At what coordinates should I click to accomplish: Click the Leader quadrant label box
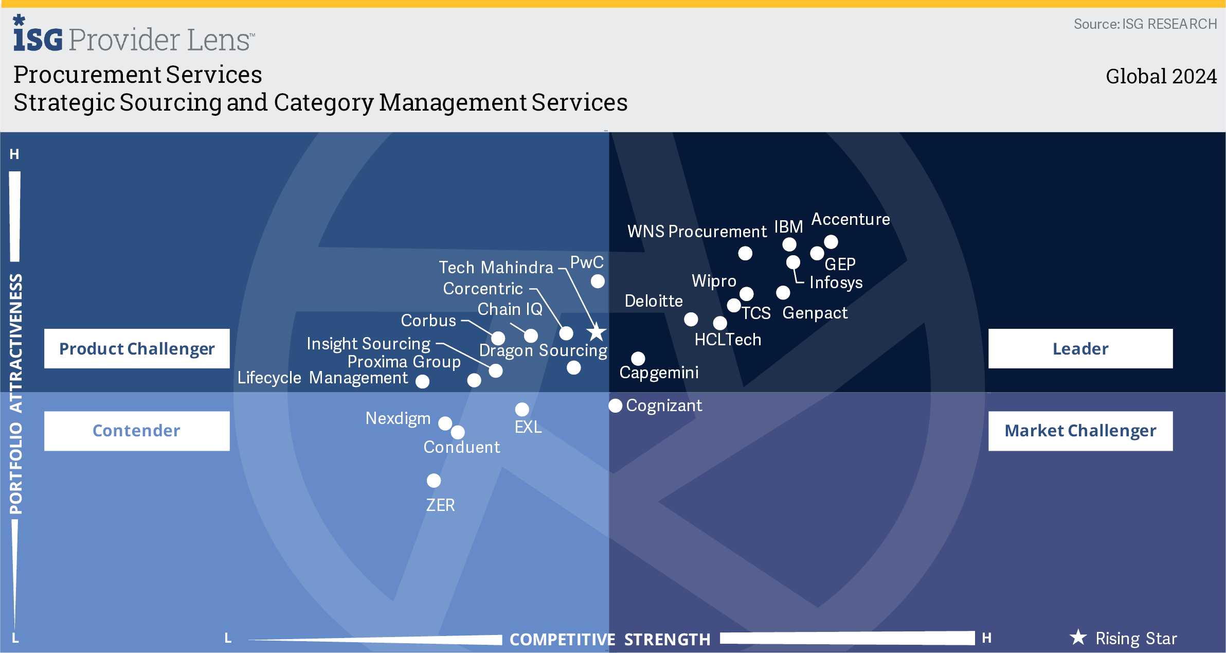click(x=1080, y=348)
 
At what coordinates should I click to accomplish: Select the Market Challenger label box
click(x=1080, y=431)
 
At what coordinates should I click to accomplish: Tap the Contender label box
click(x=136, y=431)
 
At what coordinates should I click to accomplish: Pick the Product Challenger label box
click(x=136, y=348)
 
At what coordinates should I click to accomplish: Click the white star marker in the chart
click(x=597, y=332)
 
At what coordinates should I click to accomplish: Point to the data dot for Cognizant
click(x=615, y=405)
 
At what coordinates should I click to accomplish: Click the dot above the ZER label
click(x=434, y=480)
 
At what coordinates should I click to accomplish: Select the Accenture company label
click(x=850, y=219)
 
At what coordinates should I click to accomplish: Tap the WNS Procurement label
click(x=697, y=232)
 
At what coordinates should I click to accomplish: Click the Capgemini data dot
click(x=638, y=358)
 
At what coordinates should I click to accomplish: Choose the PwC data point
click(x=598, y=281)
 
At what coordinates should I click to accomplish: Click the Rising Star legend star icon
click(x=1078, y=638)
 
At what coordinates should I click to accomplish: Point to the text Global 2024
click(x=1161, y=76)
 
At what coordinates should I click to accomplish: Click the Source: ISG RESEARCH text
click(x=1145, y=24)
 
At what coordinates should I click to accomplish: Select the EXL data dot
click(x=522, y=409)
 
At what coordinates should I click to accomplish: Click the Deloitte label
click(x=653, y=301)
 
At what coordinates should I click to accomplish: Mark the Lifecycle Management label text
click(x=322, y=378)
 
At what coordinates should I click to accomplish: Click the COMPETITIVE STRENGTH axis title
click(x=609, y=639)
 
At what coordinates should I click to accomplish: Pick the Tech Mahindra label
click(x=496, y=268)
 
